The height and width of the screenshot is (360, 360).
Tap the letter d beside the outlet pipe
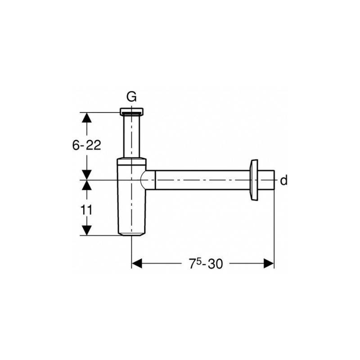[284, 180]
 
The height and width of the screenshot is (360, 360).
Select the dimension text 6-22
[86, 145]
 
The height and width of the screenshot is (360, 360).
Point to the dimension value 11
[86, 210]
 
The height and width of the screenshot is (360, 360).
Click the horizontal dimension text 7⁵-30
[206, 264]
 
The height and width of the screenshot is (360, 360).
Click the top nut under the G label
[132, 111]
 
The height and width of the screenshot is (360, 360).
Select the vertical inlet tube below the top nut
[132, 136]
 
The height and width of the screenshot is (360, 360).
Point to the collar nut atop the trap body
[131, 162]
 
